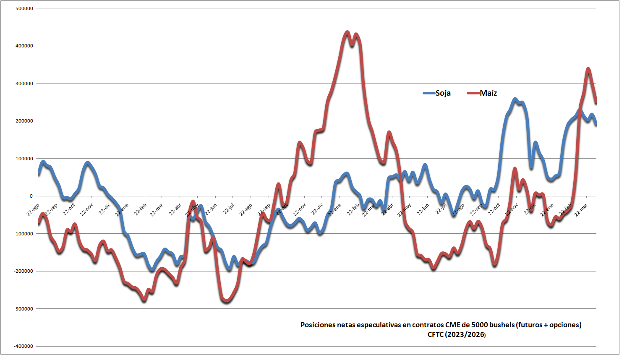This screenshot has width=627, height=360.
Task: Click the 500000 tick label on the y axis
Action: coord(24,8)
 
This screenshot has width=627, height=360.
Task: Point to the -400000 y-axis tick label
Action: coord(24,346)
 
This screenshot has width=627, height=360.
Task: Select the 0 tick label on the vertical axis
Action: coord(31,196)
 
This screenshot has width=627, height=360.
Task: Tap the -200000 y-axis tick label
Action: coord(24,271)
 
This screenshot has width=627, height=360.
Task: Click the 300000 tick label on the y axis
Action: coord(24,83)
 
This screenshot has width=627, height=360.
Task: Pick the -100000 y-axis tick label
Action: coord(24,234)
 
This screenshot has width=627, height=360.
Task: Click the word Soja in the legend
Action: coord(443,93)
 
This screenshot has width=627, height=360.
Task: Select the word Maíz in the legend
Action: coord(488,93)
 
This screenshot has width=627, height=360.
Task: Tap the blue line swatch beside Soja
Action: coord(429,93)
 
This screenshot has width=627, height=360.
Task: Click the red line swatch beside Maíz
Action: coord(473,93)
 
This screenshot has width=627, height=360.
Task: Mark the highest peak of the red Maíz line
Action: coord(347,32)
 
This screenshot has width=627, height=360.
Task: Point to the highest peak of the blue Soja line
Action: coord(515,99)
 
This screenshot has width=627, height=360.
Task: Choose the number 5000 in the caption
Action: coord(480,325)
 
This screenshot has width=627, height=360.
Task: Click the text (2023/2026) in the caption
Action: coord(465,334)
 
